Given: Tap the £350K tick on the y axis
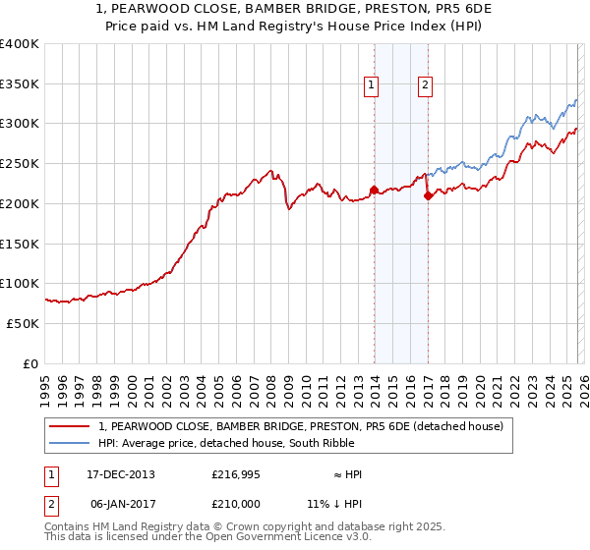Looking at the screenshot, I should [20, 84].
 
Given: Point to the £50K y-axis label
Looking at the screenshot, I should [23, 323].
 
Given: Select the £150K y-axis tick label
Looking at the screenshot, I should [20, 244].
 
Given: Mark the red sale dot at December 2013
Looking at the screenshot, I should [374, 190].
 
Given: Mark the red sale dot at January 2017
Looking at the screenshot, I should [428, 195].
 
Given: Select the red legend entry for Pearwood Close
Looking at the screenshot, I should [301, 426].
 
